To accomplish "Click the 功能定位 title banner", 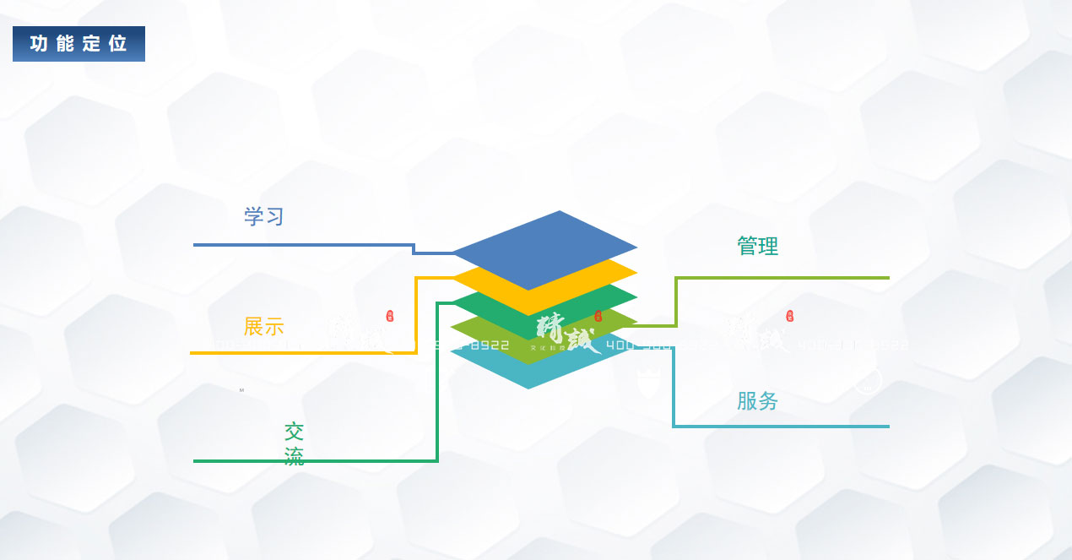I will pyautogui.click(x=79, y=44).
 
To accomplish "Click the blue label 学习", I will pyautogui.click(x=263, y=216).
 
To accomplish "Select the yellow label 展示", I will pyautogui.click(x=263, y=327).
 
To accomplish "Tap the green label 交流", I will pyautogui.click(x=294, y=444).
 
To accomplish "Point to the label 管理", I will pyautogui.click(x=757, y=247).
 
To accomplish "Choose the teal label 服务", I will pyautogui.click(x=757, y=401).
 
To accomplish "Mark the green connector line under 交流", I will pyautogui.click(x=338, y=461).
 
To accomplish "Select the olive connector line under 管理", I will pyautogui.click(x=785, y=277).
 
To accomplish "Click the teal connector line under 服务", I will pyautogui.click(x=785, y=426).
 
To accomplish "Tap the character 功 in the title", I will pyautogui.click(x=39, y=44).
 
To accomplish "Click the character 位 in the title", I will pyautogui.click(x=117, y=44).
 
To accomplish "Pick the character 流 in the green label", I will pyautogui.click(x=294, y=457).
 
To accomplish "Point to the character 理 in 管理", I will pyautogui.click(x=768, y=247).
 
